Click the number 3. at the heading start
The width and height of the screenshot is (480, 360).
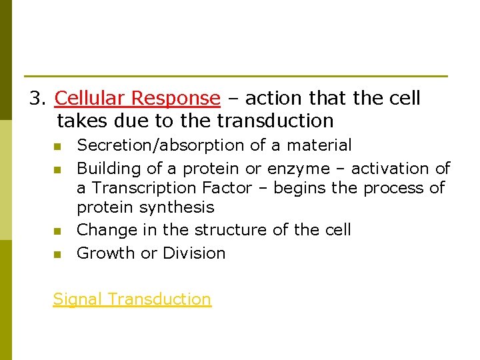tap(38, 99)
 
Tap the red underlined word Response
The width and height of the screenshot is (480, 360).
tap(175, 99)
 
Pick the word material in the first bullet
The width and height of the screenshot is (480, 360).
tap(319, 145)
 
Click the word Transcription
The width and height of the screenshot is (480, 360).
tap(155, 188)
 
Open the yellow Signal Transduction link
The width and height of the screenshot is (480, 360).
tap(132, 299)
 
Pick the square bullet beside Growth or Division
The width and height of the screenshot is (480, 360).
tap(57, 254)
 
